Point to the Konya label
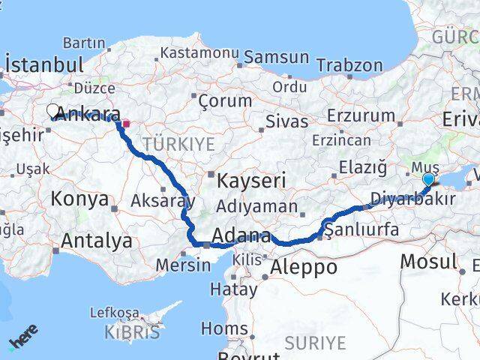pos(80,199)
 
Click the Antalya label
pos(97,241)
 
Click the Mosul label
pos(429,261)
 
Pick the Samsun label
pos(276,56)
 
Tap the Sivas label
pos(287,121)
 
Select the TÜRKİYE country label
pos(179,143)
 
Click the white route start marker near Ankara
pos(53,111)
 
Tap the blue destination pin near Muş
pos(428,179)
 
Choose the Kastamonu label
pos(199,53)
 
